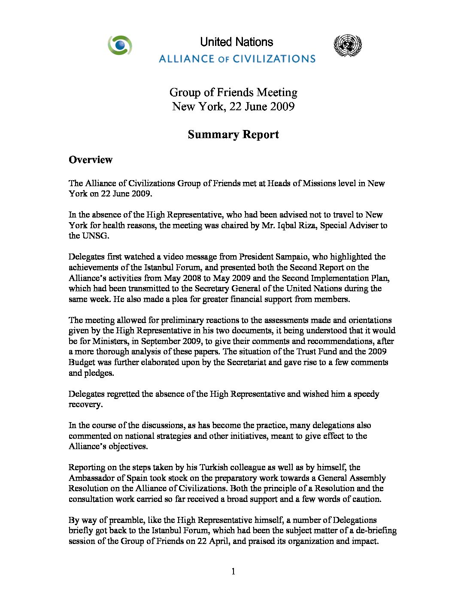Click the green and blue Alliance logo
pos(120,45)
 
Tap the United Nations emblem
pos(347,46)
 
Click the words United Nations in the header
pos(237,42)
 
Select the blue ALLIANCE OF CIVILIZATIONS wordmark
pos(237,58)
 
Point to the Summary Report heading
pos(233,134)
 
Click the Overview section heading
pos(91,160)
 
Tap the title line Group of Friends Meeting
pos(233,92)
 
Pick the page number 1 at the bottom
pos(233,571)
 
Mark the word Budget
pos(82,362)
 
